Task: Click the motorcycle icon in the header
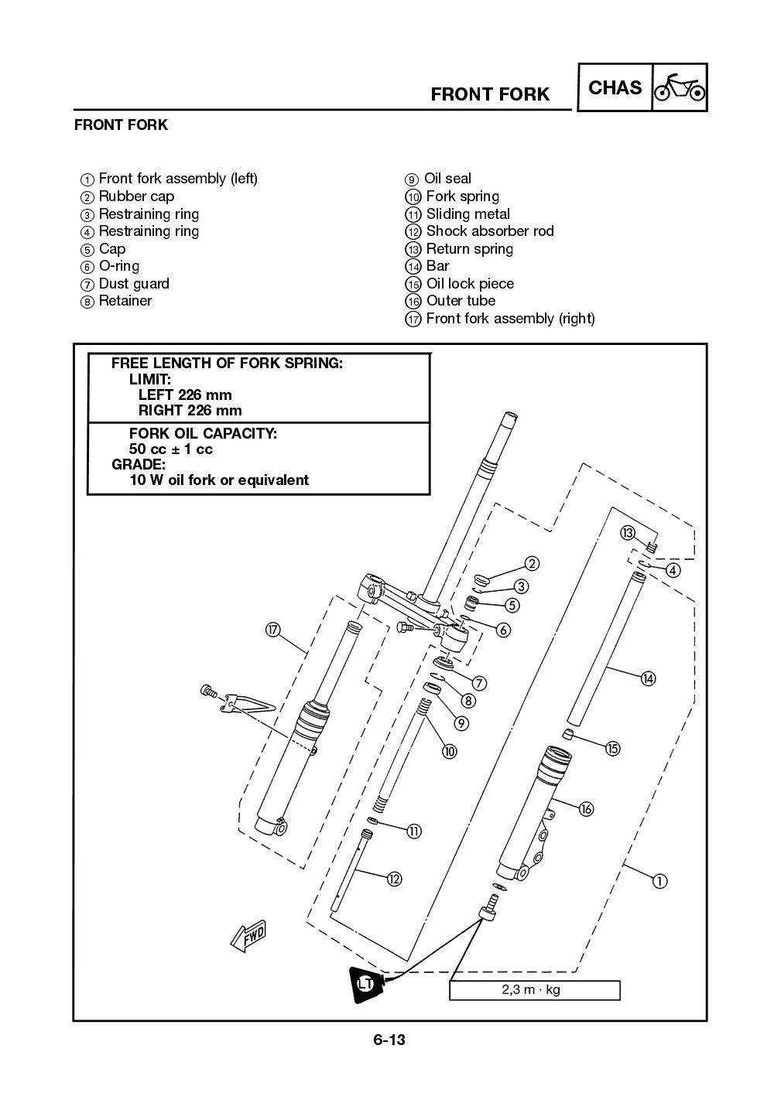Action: [x=680, y=88]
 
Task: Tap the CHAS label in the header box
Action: [x=615, y=88]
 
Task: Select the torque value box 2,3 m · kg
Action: [x=534, y=990]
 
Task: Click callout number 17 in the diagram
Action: [x=272, y=630]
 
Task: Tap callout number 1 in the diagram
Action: [x=659, y=880]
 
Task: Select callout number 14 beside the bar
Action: [x=648, y=678]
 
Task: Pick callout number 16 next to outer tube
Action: [x=586, y=809]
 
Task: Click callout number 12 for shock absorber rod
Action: [x=394, y=879]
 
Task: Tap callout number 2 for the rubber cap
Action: [x=532, y=564]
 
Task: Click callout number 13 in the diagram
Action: [x=627, y=532]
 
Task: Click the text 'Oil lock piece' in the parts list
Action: [x=470, y=284]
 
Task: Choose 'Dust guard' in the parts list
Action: [x=134, y=284]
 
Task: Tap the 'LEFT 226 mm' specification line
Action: [x=185, y=395]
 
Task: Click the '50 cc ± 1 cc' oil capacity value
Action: [x=170, y=449]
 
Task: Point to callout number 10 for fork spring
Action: [x=449, y=751]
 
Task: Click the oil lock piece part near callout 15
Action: [x=567, y=733]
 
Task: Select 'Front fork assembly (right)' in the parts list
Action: [x=510, y=319]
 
